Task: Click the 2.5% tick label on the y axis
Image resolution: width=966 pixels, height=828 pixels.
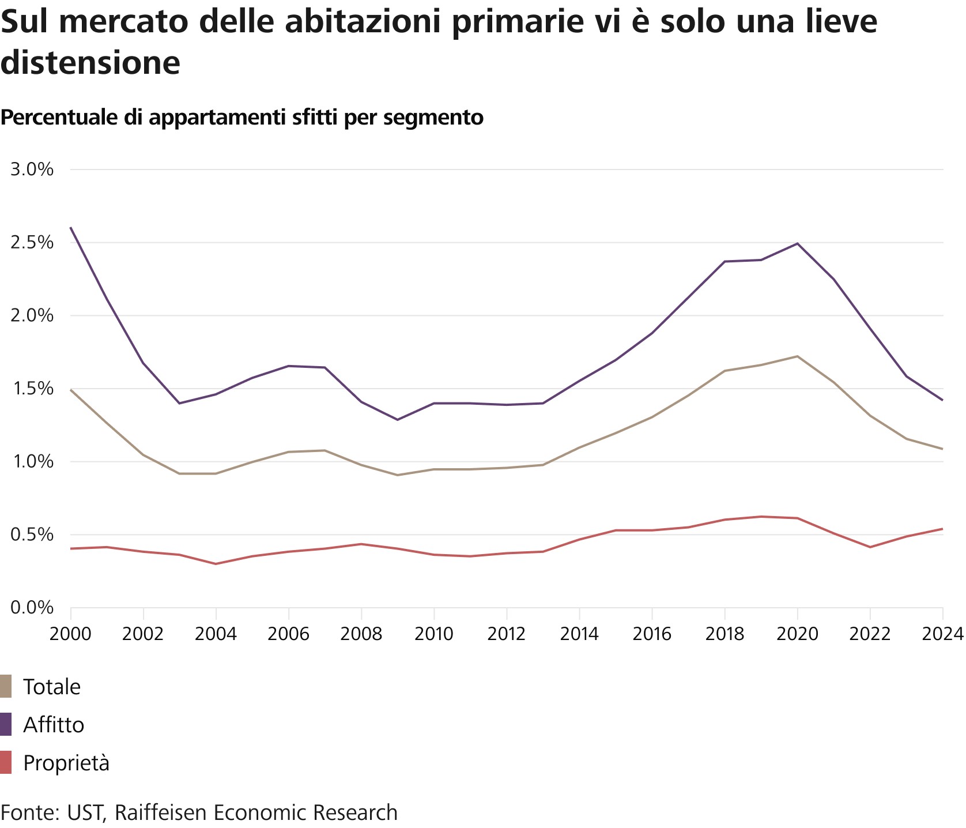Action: tap(32, 242)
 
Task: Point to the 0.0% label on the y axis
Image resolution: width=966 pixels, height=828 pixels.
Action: tap(32, 608)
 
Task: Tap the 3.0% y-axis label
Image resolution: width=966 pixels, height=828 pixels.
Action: tap(32, 170)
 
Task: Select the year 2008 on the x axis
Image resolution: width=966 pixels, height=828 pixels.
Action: tap(361, 634)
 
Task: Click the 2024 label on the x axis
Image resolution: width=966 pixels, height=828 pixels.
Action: tap(943, 634)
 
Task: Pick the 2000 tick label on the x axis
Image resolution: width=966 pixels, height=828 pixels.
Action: tap(70, 634)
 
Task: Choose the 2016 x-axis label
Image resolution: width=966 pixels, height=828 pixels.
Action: tap(652, 634)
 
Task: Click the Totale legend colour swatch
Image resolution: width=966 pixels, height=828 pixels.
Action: tap(6, 687)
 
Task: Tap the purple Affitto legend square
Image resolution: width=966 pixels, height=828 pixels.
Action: tap(6, 725)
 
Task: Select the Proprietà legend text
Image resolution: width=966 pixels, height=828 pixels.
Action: tap(66, 763)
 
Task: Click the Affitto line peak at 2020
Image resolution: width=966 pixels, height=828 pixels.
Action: tap(797, 243)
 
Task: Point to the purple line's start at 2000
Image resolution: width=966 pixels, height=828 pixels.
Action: tap(71, 228)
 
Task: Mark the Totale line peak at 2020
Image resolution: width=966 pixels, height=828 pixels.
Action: tap(797, 356)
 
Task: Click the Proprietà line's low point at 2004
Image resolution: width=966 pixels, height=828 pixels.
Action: tap(216, 564)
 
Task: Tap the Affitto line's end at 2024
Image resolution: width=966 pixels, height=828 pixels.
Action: tap(942, 400)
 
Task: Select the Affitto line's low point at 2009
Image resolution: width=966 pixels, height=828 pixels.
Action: tap(397, 420)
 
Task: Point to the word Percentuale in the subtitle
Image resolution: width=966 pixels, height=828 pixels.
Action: tap(59, 117)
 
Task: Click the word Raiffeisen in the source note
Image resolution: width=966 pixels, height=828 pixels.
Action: tap(161, 812)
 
